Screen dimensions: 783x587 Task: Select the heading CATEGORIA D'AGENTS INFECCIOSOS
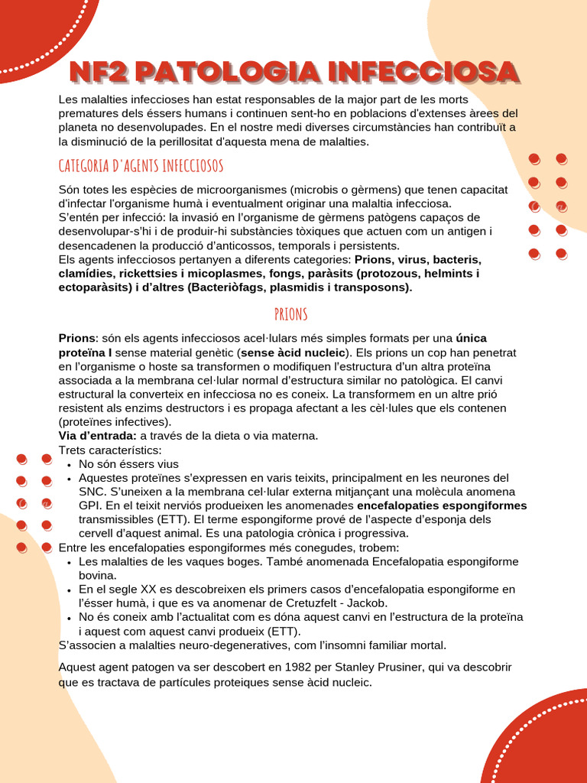point(141,166)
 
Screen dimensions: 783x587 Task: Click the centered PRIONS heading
point(290,314)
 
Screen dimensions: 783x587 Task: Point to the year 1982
point(271,668)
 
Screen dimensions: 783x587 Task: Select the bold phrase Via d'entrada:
point(97,436)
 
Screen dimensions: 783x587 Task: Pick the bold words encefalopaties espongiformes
point(442,505)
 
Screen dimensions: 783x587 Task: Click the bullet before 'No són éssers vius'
point(69,465)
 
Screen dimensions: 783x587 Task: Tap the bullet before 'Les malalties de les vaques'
point(69,562)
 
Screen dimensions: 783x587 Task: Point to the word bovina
point(98,576)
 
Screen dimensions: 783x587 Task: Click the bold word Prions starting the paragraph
point(77,339)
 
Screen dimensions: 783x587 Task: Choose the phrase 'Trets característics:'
point(110,450)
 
